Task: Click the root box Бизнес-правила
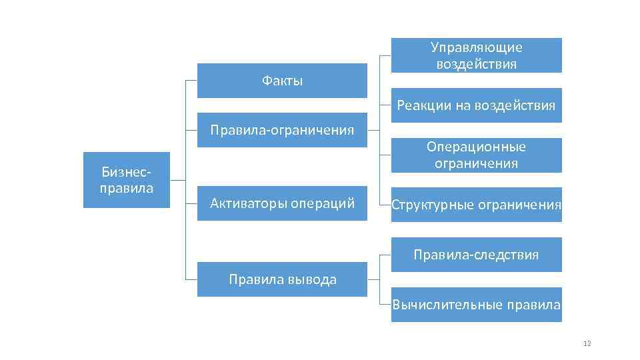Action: (127, 180)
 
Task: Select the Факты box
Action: (282, 81)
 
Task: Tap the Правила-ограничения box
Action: (282, 129)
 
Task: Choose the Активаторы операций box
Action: (282, 203)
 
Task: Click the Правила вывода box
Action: (282, 279)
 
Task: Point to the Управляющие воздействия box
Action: (476, 55)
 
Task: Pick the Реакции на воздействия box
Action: (476, 105)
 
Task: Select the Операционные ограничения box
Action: (476, 155)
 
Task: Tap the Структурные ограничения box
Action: (476, 205)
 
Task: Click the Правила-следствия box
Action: (476, 255)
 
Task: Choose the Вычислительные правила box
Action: (476, 305)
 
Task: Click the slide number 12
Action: (587, 343)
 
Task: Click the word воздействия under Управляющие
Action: (476, 64)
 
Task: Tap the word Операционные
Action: (476, 147)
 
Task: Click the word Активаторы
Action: (248, 203)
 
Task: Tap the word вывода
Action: (313, 279)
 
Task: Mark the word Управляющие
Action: (476, 47)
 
